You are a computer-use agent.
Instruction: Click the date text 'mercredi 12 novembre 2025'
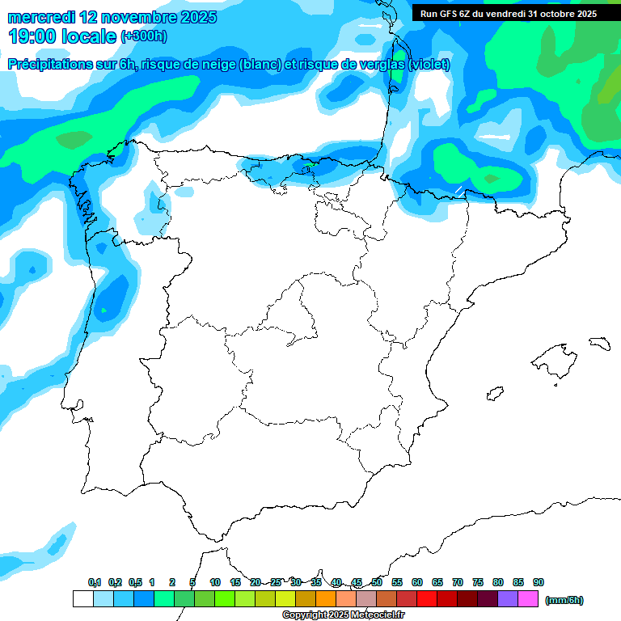point(112,17)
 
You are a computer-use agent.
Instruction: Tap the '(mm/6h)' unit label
point(564,600)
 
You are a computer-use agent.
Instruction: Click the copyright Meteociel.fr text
point(343,615)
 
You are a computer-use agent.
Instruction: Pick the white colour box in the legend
point(82,599)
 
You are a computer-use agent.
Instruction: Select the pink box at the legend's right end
point(528,599)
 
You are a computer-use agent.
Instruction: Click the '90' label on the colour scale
point(539,582)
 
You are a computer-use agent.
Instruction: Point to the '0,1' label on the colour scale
point(95,582)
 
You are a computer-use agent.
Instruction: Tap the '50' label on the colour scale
point(377,582)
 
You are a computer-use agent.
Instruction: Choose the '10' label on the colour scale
point(215,582)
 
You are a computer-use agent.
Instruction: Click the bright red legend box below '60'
point(427,599)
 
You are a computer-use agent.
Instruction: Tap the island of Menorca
point(599,343)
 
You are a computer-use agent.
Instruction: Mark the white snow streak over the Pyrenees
point(458,191)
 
